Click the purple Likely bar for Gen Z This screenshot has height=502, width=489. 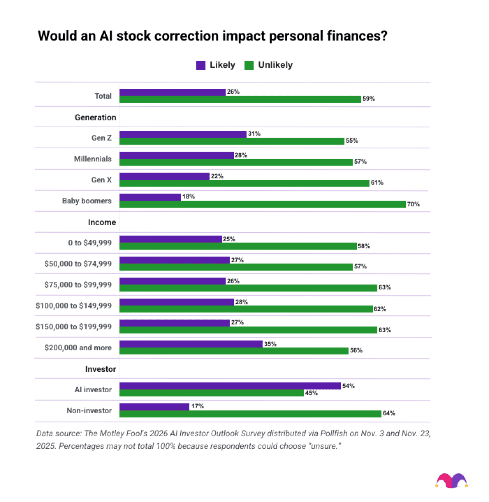coord(183,134)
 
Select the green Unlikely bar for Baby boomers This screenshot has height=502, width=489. coord(262,204)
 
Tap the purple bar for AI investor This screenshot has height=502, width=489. coord(230,386)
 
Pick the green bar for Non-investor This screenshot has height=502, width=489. coord(250,414)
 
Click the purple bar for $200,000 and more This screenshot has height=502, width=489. coord(191,344)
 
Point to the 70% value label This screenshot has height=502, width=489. coord(413,204)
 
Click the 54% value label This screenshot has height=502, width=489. coord(348,386)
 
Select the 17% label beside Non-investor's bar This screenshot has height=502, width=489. coord(198,406)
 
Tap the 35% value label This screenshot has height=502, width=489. coord(270,344)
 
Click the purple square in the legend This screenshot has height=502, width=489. coord(201,65)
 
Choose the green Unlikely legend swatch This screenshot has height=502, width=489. coord(249,65)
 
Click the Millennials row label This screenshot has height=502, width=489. coord(92,159)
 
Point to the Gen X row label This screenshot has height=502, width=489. coord(101,180)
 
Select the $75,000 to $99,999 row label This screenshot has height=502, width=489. coord(78,285)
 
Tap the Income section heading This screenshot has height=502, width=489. coord(102,223)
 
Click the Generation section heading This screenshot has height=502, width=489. coord(95,118)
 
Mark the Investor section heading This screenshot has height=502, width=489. coord(100,369)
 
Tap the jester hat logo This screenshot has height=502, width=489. coord(452,481)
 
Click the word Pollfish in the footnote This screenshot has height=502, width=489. coord(334,434)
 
